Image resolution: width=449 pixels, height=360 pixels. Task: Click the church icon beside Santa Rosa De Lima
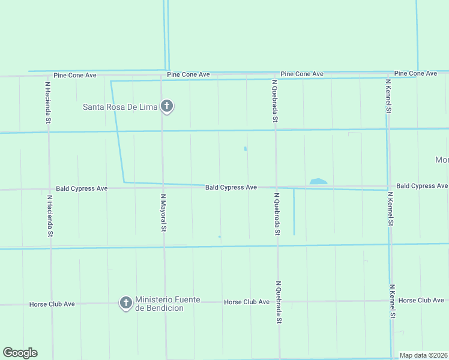coord(167,107)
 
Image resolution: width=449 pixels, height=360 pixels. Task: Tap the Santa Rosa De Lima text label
coord(120,107)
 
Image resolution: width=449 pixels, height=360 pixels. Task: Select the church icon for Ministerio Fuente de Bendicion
coord(126,302)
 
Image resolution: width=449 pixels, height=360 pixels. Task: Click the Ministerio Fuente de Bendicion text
coord(167,304)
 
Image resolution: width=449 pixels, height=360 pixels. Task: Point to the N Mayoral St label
coord(163,212)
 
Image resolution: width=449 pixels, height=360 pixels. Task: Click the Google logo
coord(20,353)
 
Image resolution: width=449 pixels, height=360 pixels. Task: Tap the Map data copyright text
coord(424,355)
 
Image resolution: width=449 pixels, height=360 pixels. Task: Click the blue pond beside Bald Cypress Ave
coord(318,181)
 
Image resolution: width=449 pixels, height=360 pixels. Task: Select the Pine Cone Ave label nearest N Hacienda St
coord(75,76)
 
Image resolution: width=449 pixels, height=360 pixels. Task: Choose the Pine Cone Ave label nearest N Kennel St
coord(415,73)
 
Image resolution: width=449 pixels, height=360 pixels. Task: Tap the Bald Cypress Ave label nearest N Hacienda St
coord(82,188)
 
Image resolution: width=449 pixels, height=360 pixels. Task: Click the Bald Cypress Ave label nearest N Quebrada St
coord(231,187)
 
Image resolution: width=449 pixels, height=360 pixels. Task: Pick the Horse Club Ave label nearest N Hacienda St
coord(52,304)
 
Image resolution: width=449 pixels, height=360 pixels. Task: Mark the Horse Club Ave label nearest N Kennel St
coord(421,300)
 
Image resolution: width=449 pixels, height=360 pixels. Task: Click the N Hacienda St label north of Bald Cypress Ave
coord(47,103)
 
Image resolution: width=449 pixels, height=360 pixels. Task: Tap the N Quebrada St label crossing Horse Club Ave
coord(279,302)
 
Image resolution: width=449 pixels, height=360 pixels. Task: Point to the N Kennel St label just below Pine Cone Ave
coord(388,96)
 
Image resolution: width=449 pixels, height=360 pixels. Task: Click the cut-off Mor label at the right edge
coord(442,160)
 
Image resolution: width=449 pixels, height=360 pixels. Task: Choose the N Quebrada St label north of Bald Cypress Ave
coord(274,101)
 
